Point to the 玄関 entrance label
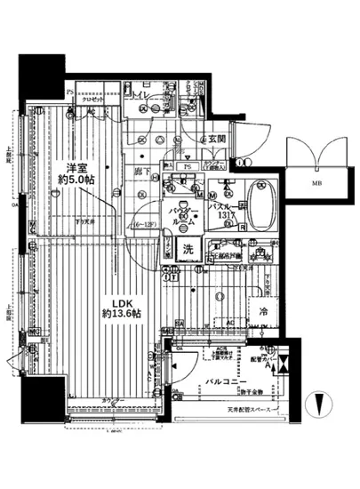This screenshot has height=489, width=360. tap(215, 140)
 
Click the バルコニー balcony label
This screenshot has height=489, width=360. tap(220, 381)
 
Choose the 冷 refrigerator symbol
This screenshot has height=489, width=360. tap(264, 313)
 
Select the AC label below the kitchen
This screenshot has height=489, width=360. tap(228, 322)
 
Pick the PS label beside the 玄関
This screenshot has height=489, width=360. tap(188, 166)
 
